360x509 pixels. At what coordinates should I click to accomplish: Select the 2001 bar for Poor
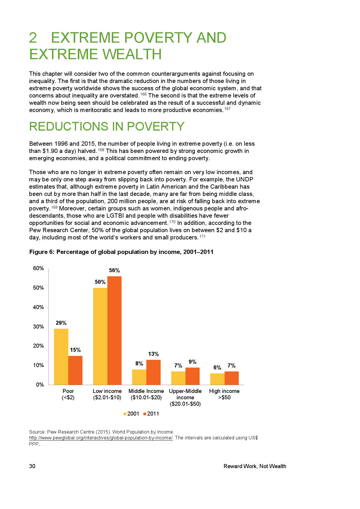pos(61,357)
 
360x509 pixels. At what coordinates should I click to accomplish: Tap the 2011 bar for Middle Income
pos(153,372)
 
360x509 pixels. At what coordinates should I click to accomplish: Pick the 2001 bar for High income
pos(217,379)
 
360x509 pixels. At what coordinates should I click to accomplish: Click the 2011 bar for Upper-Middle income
pos(192,376)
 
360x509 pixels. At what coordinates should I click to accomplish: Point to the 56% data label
pos(114,270)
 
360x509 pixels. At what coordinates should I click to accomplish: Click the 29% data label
pos(61,323)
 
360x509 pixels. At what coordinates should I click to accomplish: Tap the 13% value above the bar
pos(153,354)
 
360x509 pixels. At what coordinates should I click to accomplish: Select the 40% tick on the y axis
pos(38,307)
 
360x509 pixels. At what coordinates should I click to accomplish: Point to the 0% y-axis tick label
pos(40,385)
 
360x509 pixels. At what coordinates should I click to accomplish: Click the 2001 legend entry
pos(131,414)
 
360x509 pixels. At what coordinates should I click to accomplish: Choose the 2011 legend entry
pos(151,414)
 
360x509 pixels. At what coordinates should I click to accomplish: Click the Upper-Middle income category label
pos(185,397)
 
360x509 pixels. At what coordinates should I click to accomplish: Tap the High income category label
pos(224,394)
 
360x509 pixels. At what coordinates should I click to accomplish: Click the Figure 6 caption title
pos(121,252)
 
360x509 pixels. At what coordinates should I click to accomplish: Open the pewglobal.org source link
pos(101,438)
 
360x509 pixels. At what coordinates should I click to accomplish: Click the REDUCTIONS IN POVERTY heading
pos(107,127)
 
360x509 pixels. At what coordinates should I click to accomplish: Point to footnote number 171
pos(202,237)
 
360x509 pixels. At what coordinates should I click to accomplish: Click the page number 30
pos(32,466)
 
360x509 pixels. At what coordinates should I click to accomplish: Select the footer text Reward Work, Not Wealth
pos(255,466)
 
